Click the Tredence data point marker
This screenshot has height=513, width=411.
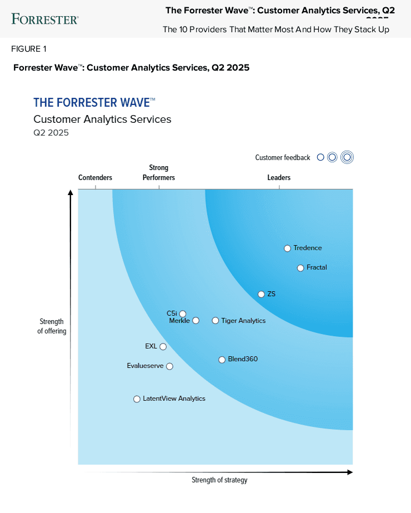click(x=287, y=248)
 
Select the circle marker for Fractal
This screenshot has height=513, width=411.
click(x=300, y=268)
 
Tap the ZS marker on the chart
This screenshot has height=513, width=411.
click(x=261, y=294)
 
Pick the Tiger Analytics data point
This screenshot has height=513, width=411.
click(x=215, y=321)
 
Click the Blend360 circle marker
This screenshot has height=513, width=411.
click(x=222, y=360)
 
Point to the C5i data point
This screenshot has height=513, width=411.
click(x=183, y=314)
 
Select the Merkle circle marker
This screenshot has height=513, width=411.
click(x=196, y=321)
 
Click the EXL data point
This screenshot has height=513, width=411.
click(x=163, y=347)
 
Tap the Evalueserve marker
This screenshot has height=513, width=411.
click(x=169, y=366)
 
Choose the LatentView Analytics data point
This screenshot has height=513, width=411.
click(x=137, y=399)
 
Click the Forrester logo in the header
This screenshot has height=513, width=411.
click(x=45, y=19)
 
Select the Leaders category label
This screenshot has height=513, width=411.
click(x=279, y=178)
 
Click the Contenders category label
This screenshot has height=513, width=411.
click(x=95, y=178)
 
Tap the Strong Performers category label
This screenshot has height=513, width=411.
click(x=159, y=172)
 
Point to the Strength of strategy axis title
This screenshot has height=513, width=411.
click(x=219, y=480)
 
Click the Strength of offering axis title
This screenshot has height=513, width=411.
click(x=52, y=326)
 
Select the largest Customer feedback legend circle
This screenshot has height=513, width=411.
click(x=347, y=157)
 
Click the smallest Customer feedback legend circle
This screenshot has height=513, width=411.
click(x=320, y=157)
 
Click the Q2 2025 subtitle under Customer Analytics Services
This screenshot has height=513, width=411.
click(x=51, y=132)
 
